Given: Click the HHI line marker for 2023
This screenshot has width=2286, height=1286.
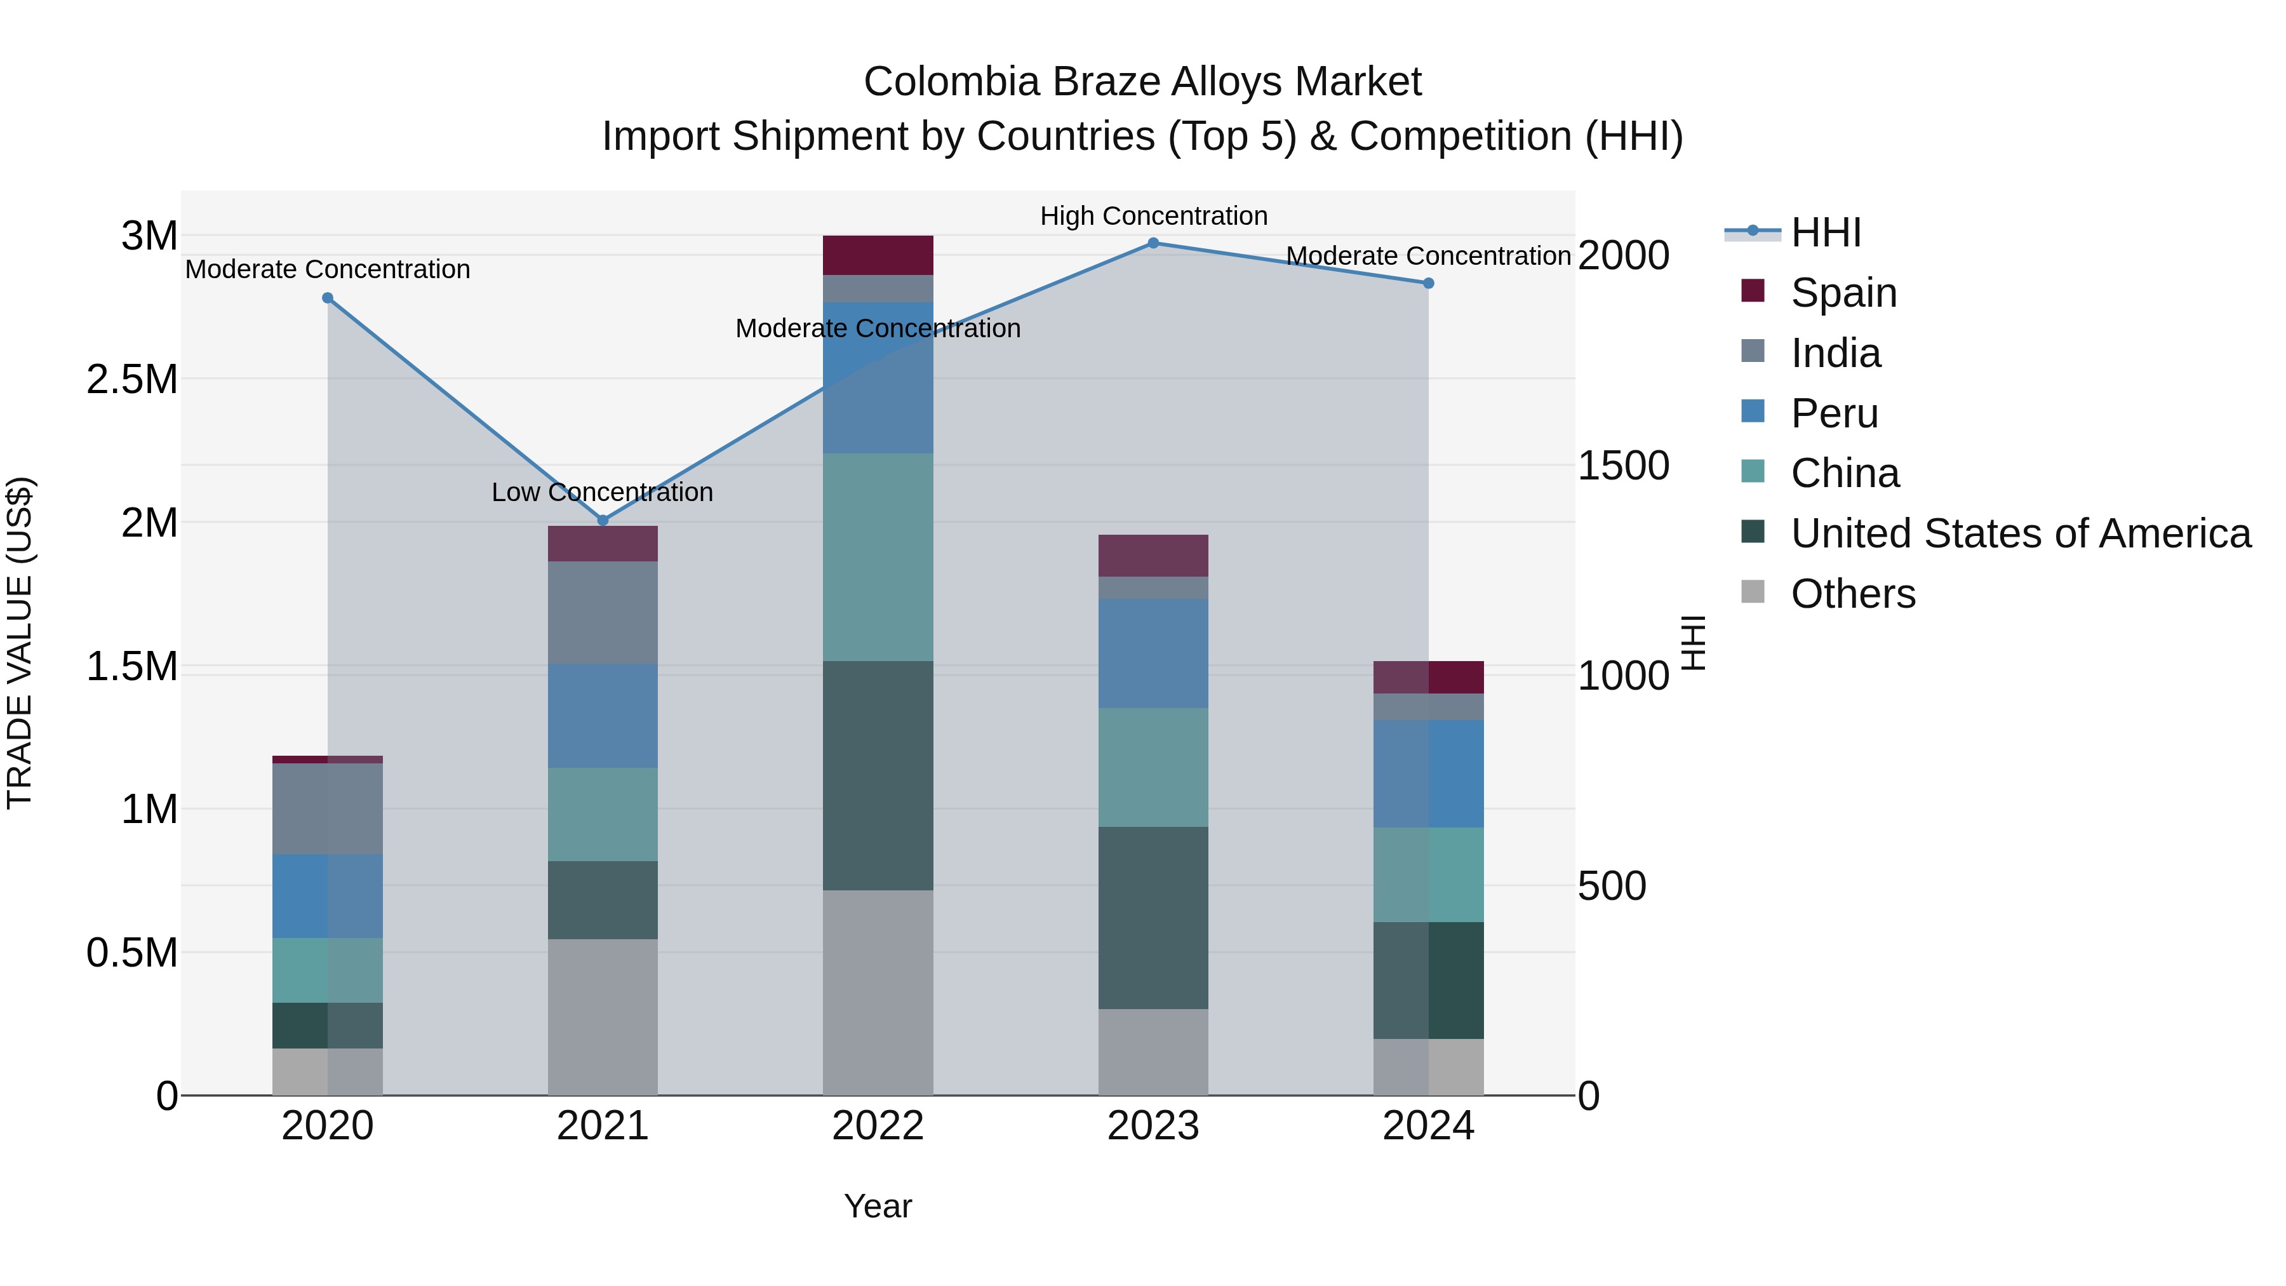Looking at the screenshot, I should coord(1153,243).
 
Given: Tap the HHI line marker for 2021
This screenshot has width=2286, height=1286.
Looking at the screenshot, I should coord(603,520).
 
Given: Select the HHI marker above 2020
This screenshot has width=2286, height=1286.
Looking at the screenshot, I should coord(328,298).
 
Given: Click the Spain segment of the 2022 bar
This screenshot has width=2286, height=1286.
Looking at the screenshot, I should coord(878,255).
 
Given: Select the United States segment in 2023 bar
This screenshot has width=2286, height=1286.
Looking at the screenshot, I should coord(1153,918).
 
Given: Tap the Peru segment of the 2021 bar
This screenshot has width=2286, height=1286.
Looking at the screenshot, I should coord(603,715).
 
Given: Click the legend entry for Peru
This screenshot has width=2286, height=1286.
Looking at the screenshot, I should coord(1833,413).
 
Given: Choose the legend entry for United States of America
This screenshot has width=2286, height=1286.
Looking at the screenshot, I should coord(2020,533).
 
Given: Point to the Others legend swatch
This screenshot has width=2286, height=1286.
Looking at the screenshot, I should coord(1753,592).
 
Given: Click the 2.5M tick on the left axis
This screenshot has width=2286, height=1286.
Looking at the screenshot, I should coord(131,379).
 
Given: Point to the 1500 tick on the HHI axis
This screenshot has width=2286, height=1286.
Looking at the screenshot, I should coord(1623,466).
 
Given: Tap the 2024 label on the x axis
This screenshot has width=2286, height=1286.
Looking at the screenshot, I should coord(1428,1126).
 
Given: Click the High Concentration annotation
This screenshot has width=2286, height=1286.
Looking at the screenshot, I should coord(1153,216).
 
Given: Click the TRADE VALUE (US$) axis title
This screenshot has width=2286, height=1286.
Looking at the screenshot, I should coord(20,643).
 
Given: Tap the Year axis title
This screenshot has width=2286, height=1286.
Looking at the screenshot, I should coord(878,1206).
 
